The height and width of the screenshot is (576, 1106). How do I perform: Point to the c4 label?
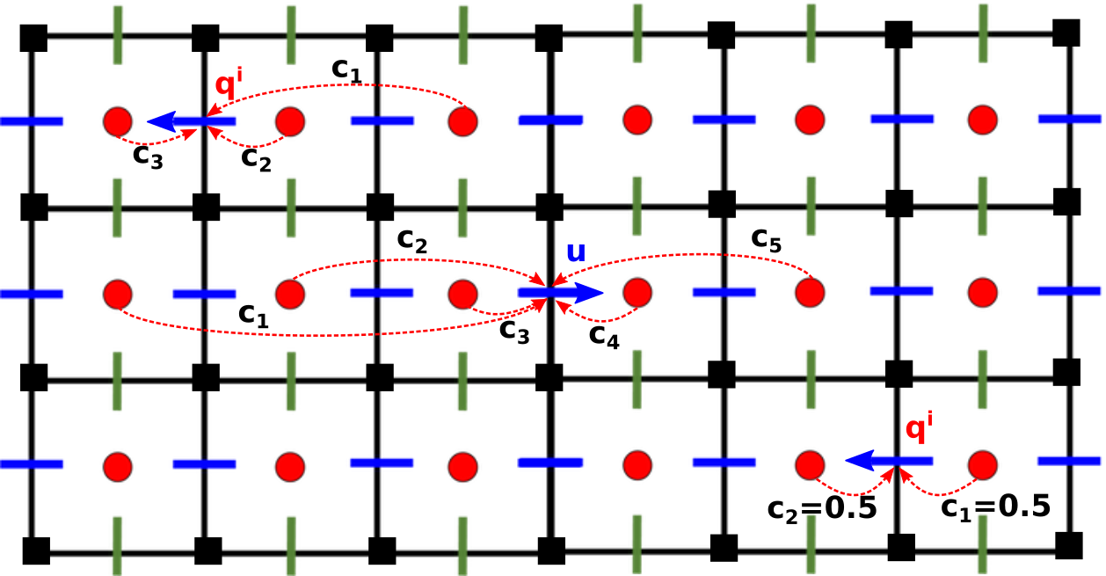(x=604, y=335)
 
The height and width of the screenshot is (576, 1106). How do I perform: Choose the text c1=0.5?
(x=995, y=507)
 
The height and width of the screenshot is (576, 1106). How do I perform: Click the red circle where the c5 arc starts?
(x=809, y=291)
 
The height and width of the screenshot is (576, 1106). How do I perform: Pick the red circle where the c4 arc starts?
(x=637, y=292)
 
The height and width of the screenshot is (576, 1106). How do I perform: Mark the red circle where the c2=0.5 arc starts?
(x=809, y=463)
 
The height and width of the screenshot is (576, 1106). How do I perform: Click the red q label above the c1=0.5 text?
(x=919, y=429)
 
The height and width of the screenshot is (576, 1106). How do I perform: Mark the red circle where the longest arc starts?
(x=117, y=293)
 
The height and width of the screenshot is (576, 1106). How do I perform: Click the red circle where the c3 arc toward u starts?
(x=462, y=292)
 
